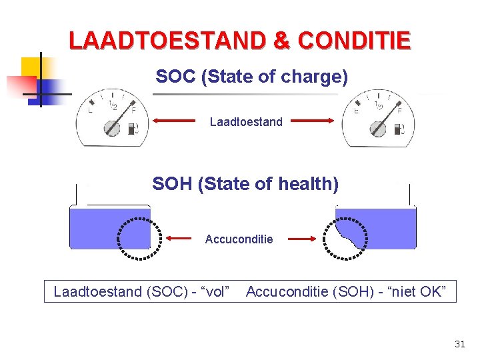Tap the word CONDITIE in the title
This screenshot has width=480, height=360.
tap(354, 41)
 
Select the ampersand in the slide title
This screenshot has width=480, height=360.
tap(282, 41)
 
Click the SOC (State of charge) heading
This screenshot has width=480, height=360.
tap(251, 77)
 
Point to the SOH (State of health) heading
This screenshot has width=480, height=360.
tap(245, 183)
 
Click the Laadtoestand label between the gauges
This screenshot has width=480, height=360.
tap(245, 122)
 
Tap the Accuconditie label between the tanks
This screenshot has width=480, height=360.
tap(239, 239)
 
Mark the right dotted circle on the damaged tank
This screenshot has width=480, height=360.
tap(345, 237)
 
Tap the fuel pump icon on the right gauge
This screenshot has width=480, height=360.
tap(399, 129)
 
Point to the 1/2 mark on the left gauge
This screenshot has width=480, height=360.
tap(113, 107)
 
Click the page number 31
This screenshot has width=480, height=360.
tap(459, 344)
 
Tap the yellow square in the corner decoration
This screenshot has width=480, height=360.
tap(31, 67)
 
